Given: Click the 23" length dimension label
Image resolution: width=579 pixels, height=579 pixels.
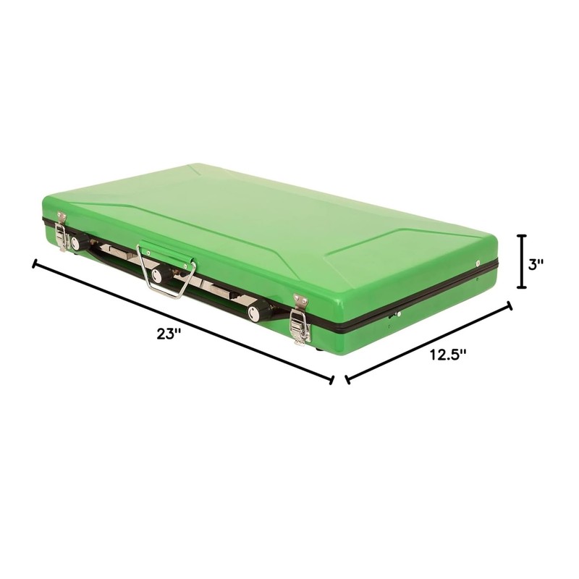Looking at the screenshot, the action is [169, 334].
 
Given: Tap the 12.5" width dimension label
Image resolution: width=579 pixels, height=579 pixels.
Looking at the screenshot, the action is [448, 355].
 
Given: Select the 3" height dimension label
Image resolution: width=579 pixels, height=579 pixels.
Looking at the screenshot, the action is [536, 264].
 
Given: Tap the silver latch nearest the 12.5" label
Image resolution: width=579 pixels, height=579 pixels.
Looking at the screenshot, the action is [300, 319].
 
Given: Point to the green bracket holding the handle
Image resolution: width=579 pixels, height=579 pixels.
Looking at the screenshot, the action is [166, 251].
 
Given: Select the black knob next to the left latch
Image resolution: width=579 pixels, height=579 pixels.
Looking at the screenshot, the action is [79, 243].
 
